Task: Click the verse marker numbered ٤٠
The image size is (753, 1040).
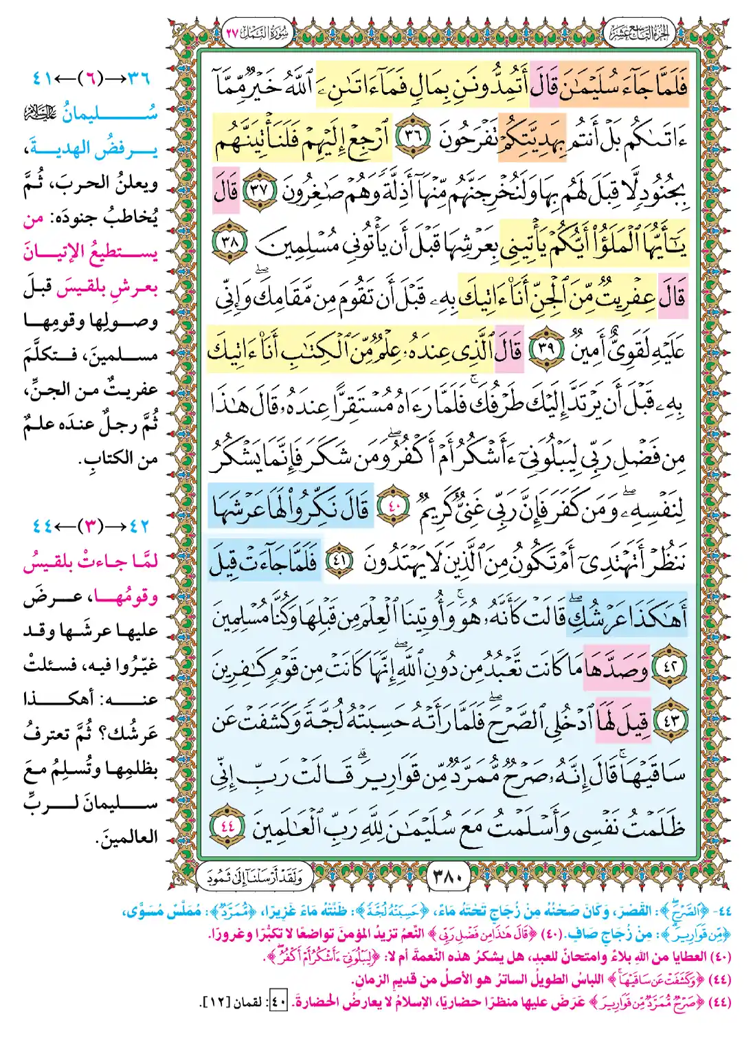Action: pos(393,509)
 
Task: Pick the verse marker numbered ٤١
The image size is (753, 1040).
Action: pos(337,562)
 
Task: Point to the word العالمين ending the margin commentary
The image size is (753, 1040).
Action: pos(126,837)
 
